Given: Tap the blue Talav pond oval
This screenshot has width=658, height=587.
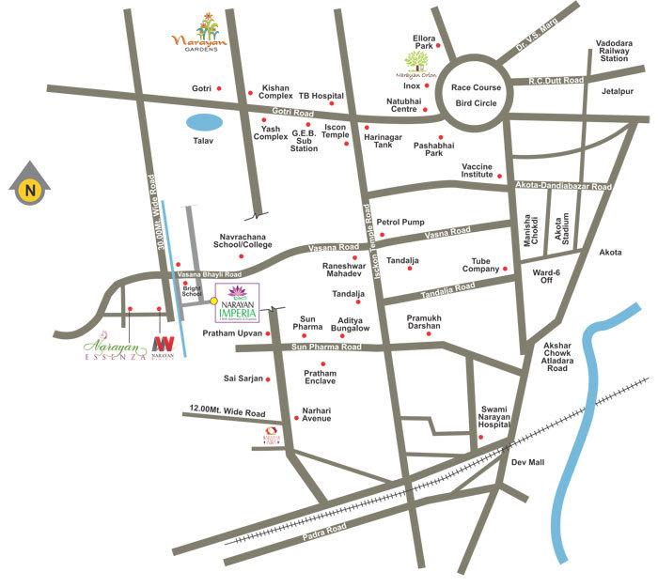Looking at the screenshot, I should coord(204,122).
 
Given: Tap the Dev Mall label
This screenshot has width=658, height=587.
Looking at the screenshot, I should coord(527,462).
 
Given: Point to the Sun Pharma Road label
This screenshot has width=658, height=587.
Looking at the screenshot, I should coord(324,347).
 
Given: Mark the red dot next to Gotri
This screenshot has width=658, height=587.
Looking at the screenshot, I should coord(220,88).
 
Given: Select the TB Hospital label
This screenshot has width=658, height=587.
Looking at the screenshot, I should coord(317,95).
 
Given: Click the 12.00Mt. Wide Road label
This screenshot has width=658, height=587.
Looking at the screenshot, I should coord(227,411).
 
